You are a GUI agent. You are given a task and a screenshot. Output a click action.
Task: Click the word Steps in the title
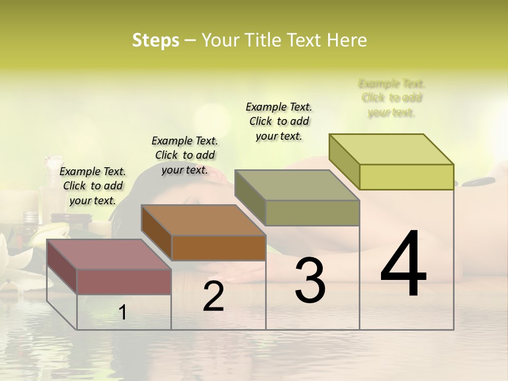click(156, 40)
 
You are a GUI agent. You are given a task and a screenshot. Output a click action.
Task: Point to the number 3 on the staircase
click(310, 280)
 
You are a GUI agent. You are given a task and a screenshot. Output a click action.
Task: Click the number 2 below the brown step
click(213, 296)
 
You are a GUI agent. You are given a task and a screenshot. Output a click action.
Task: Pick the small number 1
click(122, 313)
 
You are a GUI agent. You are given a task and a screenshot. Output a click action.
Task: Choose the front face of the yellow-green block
click(406, 177)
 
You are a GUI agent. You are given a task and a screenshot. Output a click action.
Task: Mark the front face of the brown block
click(219, 248)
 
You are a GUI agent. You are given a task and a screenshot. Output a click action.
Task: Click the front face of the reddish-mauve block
click(124, 282)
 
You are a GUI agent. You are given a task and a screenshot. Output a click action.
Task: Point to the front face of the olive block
click(312, 213)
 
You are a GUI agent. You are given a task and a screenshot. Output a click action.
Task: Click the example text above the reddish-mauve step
click(93, 186)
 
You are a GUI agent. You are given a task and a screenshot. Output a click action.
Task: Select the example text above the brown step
click(185, 155)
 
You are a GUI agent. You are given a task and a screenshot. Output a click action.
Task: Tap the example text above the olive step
click(279, 121)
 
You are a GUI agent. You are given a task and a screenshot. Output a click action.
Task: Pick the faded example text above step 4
click(392, 98)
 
